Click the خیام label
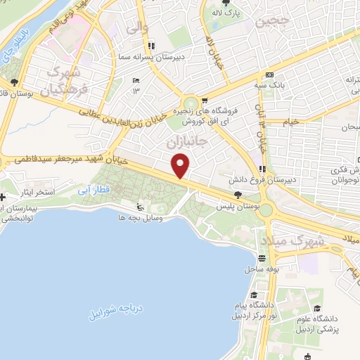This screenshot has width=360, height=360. tap(290, 121)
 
